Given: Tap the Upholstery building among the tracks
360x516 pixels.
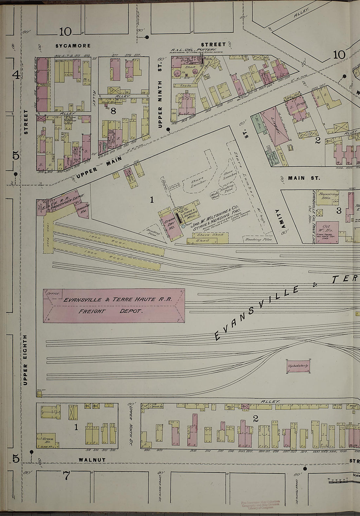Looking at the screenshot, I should [298, 366].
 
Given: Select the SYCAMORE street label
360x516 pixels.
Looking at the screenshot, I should [73, 46].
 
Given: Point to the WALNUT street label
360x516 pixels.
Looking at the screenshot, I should [92, 460].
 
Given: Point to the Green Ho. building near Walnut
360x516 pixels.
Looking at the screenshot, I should [47, 439].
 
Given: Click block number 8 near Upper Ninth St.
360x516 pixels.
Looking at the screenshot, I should [113, 111].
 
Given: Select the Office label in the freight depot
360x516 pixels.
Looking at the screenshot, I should [52, 293].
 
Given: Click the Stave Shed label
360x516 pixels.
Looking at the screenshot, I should [210, 235].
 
